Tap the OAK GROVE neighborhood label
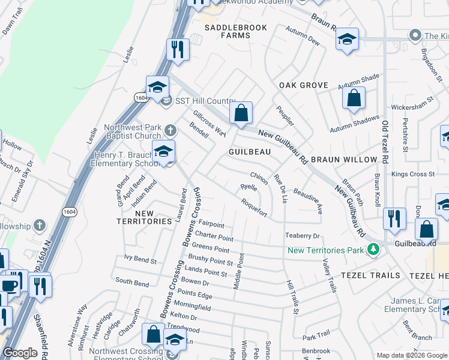coord(304,85)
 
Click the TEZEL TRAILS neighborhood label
coord(370,275)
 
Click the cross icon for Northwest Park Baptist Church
coord(170,130)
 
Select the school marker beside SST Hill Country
coord(157,88)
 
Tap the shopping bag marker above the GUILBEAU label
coord(241,112)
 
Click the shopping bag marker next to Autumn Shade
coord(354,97)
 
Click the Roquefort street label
coord(254,205)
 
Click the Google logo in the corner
coord(20,353)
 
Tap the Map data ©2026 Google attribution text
coord(412,355)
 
